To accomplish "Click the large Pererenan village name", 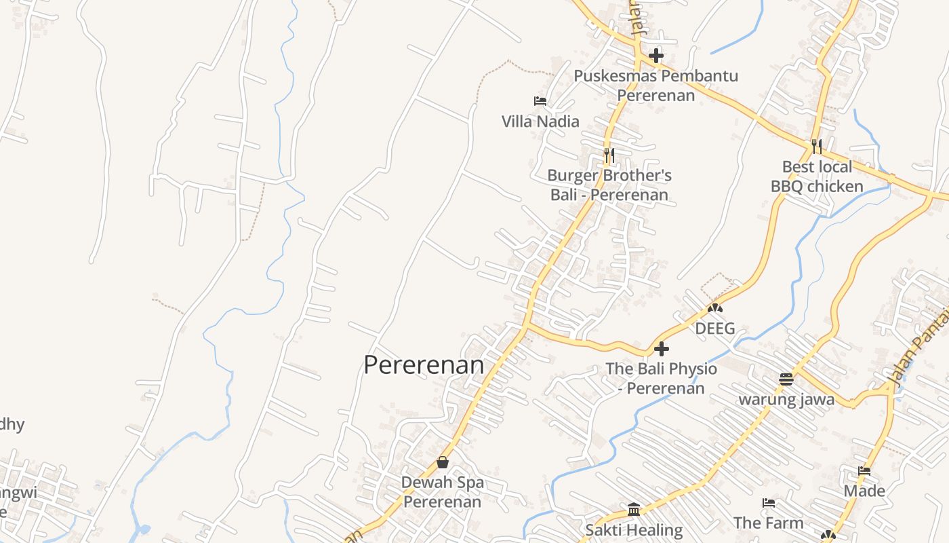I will [x=424, y=365].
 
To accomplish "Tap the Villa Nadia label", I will [x=540, y=121].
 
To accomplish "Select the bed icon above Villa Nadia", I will [x=540, y=101].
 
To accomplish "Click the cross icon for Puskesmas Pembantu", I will [x=655, y=56].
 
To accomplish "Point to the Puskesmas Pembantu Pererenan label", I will [x=655, y=85].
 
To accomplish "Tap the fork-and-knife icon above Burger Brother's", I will [x=609, y=155].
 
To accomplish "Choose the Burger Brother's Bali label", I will [x=609, y=185].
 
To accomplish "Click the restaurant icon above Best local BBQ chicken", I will [x=817, y=146].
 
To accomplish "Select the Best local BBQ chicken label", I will [x=817, y=176].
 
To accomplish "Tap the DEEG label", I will [x=715, y=329].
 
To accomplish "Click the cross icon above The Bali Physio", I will [x=661, y=350].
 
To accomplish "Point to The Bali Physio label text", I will [x=661, y=378].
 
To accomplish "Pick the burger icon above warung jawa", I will [x=786, y=379].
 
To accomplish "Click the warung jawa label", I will [x=786, y=399].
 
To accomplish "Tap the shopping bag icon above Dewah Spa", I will [x=443, y=462].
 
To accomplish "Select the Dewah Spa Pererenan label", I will [x=443, y=492].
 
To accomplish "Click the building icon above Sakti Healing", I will [x=634, y=509].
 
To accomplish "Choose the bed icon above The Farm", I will [x=768, y=503].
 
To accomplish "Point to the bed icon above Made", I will [x=864, y=470].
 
